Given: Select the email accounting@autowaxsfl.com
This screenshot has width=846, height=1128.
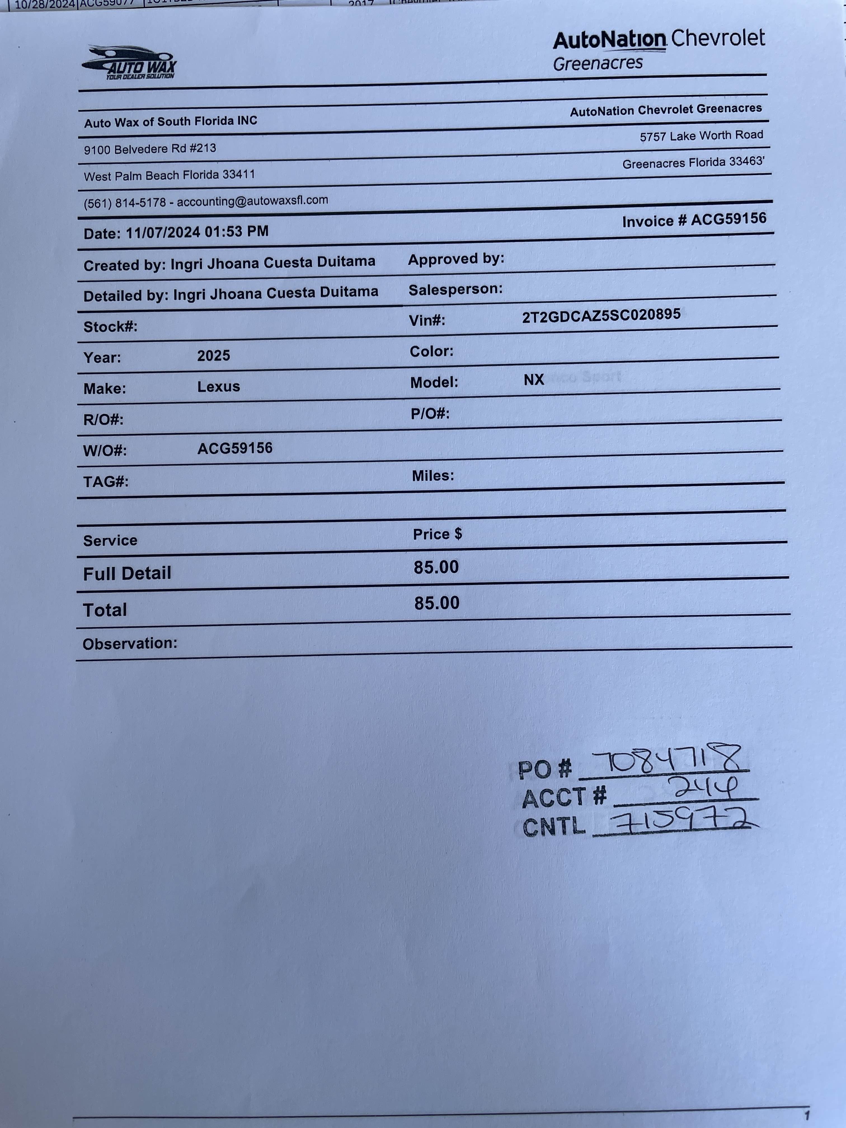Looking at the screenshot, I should coord(252,201).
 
